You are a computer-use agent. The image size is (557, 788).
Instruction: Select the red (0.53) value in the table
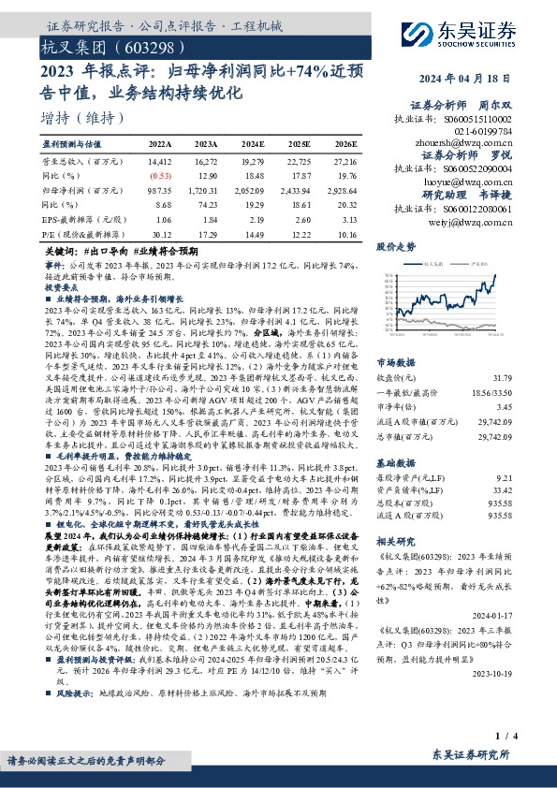pyautogui.click(x=161, y=176)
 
